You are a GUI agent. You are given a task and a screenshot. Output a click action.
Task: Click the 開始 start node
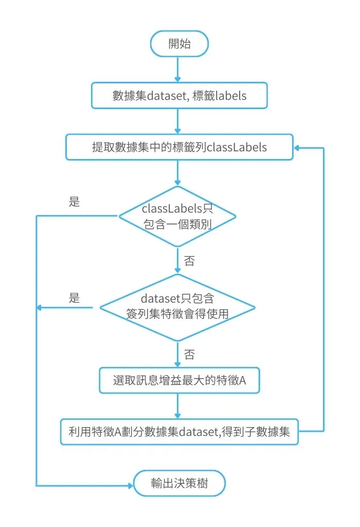(x=179, y=44)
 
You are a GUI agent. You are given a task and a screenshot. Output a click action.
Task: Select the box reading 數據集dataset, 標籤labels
(x=179, y=96)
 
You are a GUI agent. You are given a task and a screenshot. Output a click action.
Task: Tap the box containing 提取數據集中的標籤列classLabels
(x=179, y=147)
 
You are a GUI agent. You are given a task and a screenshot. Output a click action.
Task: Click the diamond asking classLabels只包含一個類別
(x=177, y=217)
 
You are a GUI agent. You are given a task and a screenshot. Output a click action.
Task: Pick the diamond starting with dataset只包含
(x=177, y=308)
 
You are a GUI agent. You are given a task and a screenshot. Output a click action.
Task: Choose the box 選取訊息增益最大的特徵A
(x=179, y=381)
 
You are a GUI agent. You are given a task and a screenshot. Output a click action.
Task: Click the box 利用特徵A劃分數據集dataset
(x=179, y=431)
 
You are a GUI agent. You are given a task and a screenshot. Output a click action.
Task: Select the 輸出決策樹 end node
(x=180, y=484)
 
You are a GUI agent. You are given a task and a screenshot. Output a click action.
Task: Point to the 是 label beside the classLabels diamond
(x=75, y=202)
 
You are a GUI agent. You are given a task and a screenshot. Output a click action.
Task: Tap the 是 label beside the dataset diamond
(x=75, y=297)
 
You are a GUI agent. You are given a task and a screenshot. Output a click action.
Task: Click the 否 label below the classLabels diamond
(x=189, y=261)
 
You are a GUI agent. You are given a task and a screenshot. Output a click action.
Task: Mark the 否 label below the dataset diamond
(x=189, y=354)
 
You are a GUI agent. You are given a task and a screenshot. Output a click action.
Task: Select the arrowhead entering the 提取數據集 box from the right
(x=298, y=148)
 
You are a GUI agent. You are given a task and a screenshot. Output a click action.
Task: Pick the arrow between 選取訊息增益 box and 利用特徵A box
(x=177, y=407)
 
